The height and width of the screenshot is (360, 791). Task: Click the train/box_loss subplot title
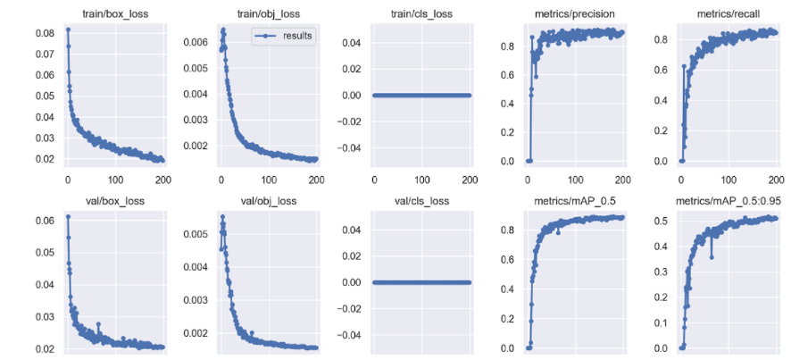115,13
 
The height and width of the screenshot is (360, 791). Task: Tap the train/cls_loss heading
421,13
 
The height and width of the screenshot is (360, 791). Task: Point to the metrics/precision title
574,13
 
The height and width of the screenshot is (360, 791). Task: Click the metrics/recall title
728,13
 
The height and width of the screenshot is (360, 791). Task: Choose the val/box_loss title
115,201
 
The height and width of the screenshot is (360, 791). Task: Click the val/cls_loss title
421,201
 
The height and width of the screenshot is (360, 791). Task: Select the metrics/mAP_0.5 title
574,201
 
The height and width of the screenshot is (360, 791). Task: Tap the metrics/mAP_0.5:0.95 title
728,201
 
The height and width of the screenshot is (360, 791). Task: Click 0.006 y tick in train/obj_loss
195,42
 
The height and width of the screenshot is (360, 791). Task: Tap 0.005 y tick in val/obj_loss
195,233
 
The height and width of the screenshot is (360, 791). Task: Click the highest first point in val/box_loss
68,217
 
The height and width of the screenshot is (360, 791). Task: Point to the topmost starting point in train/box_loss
68,29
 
